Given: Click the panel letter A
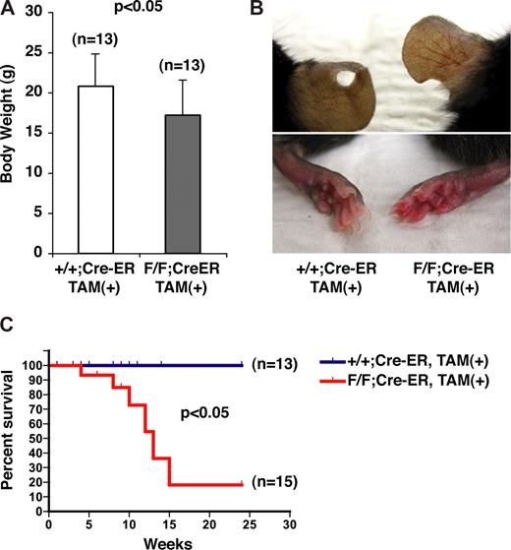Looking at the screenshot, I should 9,10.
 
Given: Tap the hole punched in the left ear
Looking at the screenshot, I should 344,80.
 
